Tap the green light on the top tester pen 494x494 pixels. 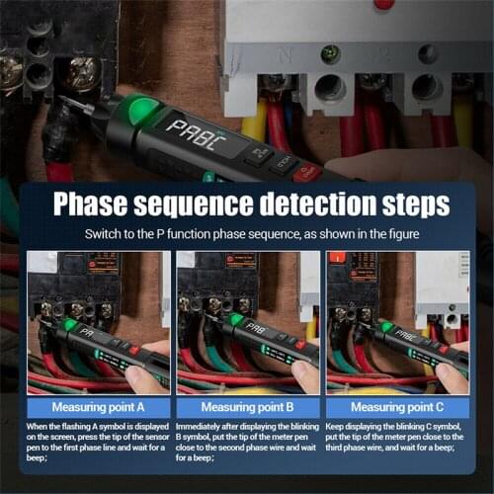144,110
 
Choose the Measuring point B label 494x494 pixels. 247,406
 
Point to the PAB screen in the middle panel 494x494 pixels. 256,329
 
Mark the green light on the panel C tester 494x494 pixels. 386,325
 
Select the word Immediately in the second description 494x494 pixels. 204,426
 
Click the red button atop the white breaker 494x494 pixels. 383,4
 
